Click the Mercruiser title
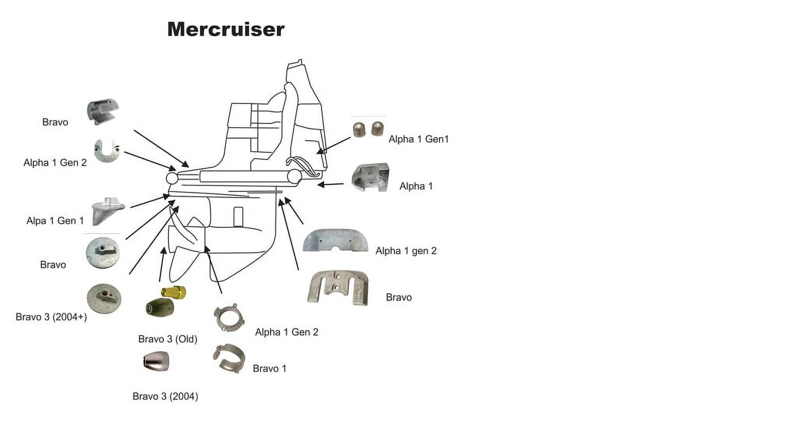(226, 30)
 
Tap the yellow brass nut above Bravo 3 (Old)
(174, 292)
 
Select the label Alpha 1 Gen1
(419, 139)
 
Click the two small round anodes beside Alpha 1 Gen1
(368, 129)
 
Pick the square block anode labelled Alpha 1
(370, 178)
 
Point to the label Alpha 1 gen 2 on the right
(406, 251)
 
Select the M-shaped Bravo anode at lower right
(338, 288)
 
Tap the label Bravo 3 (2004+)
(51, 317)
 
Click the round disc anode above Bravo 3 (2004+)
(104, 299)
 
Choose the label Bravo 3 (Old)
(168, 339)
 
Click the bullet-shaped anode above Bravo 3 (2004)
(156, 361)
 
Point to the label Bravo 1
(269, 368)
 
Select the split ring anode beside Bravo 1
(229, 358)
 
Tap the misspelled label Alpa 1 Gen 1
(55, 221)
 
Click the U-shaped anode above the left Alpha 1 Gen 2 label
(107, 151)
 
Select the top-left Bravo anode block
(102, 111)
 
